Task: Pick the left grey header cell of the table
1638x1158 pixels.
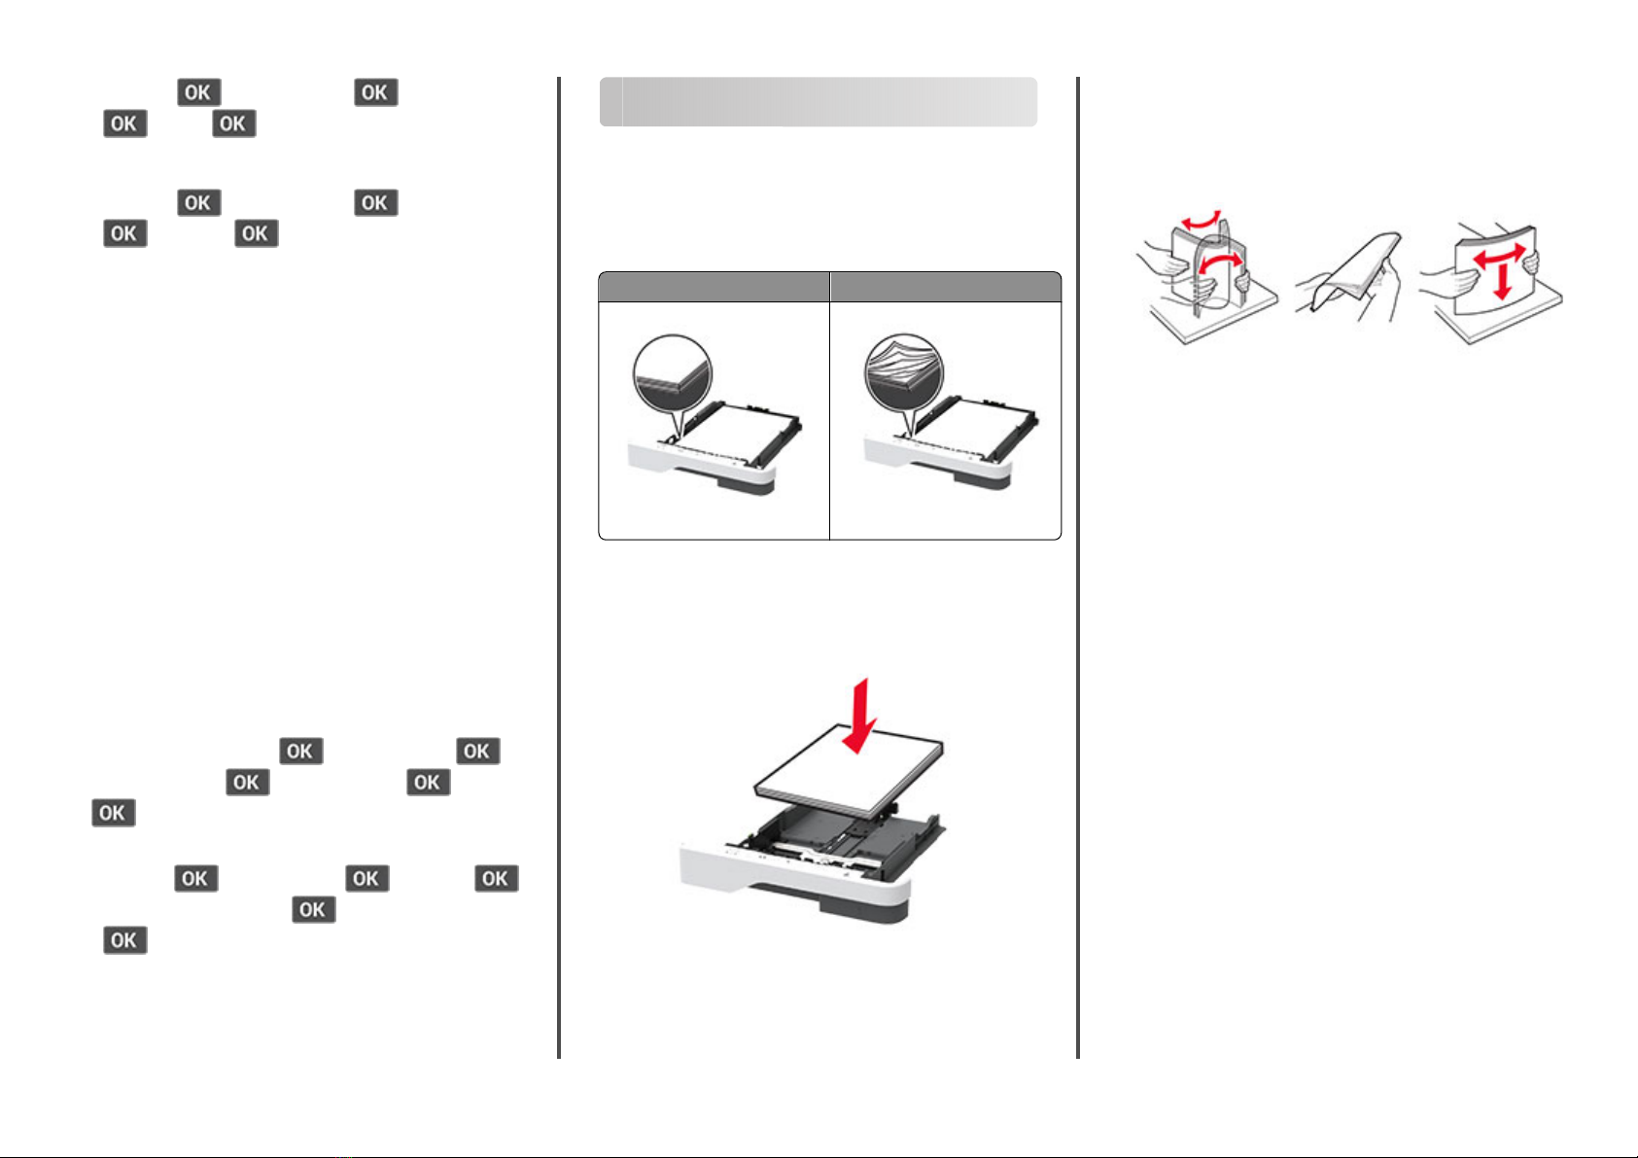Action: (x=714, y=288)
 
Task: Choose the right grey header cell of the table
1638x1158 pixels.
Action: (x=945, y=288)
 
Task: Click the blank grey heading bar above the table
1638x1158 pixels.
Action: (x=819, y=101)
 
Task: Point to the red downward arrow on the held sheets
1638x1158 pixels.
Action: (x=1503, y=281)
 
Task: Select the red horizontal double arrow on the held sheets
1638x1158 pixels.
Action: (x=1498, y=255)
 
